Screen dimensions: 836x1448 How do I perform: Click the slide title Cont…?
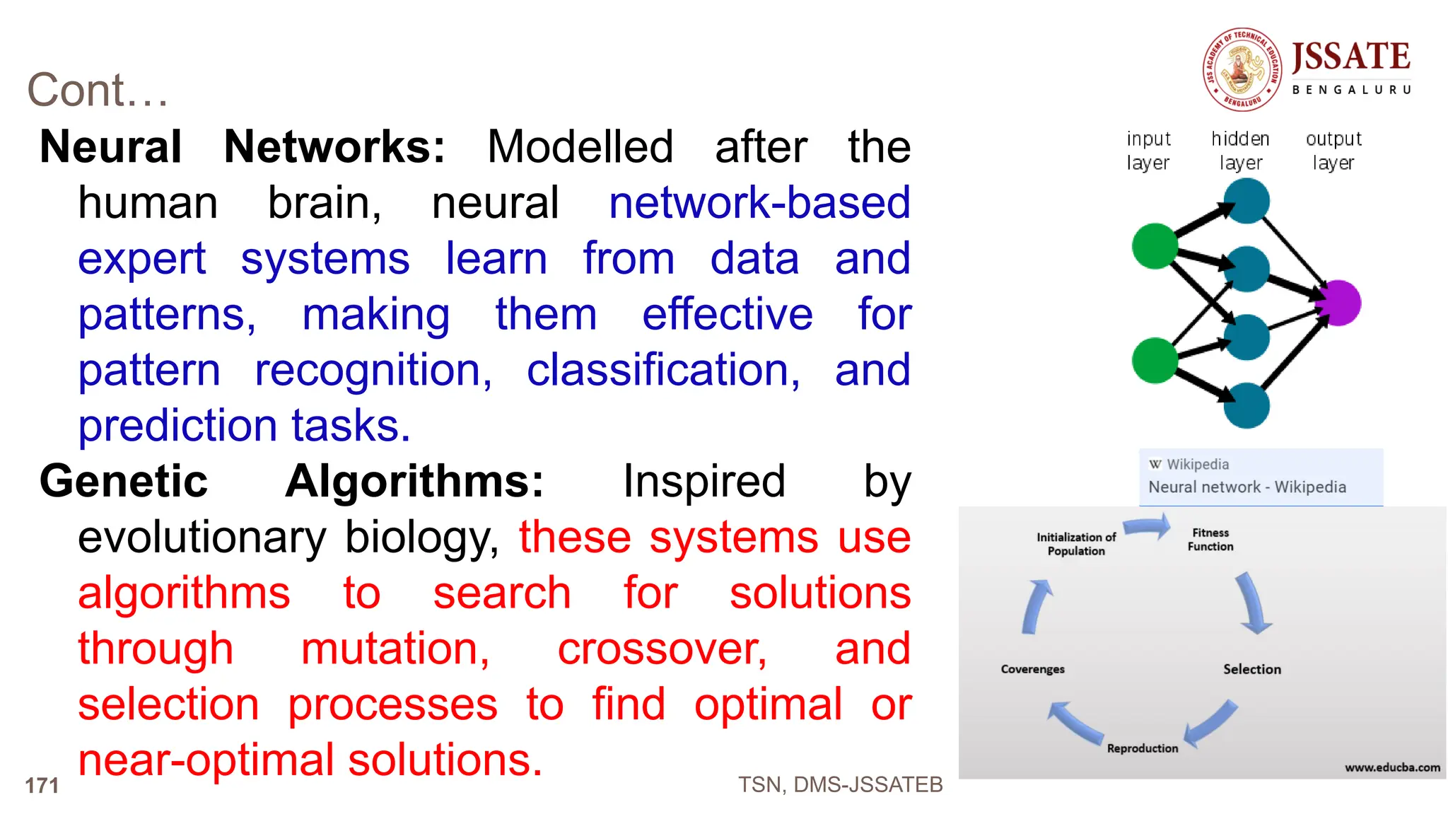pyautogui.click(x=98, y=91)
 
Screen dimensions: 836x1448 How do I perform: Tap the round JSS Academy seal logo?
pyautogui.click(x=1242, y=69)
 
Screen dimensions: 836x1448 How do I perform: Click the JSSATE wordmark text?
pyautogui.click(x=1350, y=57)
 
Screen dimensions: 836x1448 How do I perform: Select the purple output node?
pyautogui.click(x=1338, y=303)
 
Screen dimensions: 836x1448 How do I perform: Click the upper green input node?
pyautogui.click(x=1155, y=246)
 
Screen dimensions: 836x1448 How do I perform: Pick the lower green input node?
pyautogui.click(x=1155, y=360)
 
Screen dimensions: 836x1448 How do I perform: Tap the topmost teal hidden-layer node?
pyautogui.click(x=1246, y=201)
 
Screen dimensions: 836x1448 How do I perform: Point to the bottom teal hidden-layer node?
pyautogui.click(x=1246, y=405)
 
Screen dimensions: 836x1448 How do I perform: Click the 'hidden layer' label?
pyautogui.click(x=1240, y=151)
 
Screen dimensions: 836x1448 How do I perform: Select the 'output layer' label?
pyautogui.click(x=1333, y=151)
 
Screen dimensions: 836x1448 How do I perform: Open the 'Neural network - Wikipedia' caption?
pyautogui.click(x=1246, y=487)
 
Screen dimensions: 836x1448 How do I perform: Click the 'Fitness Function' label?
pyautogui.click(x=1210, y=540)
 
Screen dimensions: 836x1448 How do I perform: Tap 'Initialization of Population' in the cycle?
pyautogui.click(x=1076, y=544)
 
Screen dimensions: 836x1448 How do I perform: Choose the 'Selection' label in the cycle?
pyautogui.click(x=1251, y=669)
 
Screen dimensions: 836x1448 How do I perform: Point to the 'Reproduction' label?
pyautogui.click(x=1143, y=748)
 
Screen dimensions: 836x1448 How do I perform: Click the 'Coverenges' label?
pyautogui.click(x=1032, y=669)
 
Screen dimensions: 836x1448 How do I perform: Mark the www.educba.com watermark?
pyautogui.click(x=1392, y=767)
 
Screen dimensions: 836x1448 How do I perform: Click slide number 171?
pyautogui.click(x=42, y=785)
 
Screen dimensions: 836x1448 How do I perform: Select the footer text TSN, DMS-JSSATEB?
pyautogui.click(x=840, y=784)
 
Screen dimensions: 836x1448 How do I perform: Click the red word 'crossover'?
pyautogui.click(x=662, y=649)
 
